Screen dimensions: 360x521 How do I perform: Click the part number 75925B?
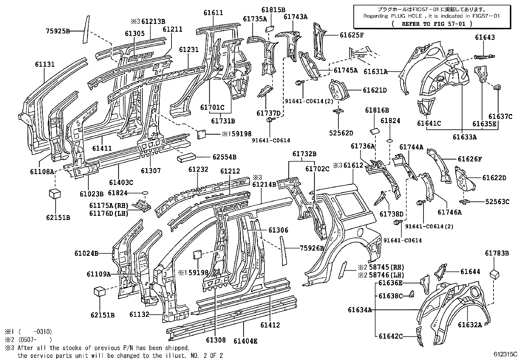click(x=58, y=31)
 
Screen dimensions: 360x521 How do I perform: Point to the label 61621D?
click(x=375, y=90)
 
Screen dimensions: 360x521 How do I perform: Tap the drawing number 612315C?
click(x=506, y=354)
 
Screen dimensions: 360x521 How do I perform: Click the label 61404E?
click(x=245, y=341)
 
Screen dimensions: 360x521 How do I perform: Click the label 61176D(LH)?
click(x=109, y=214)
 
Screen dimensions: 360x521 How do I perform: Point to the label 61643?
click(x=485, y=37)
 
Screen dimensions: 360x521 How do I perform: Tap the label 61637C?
click(x=500, y=116)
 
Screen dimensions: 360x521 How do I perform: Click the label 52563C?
click(x=497, y=202)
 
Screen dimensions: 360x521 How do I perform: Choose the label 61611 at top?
click(x=213, y=13)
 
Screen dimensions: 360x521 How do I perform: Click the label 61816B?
click(x=377, y=111)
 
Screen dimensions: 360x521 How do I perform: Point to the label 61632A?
click(x=470, y=325)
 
